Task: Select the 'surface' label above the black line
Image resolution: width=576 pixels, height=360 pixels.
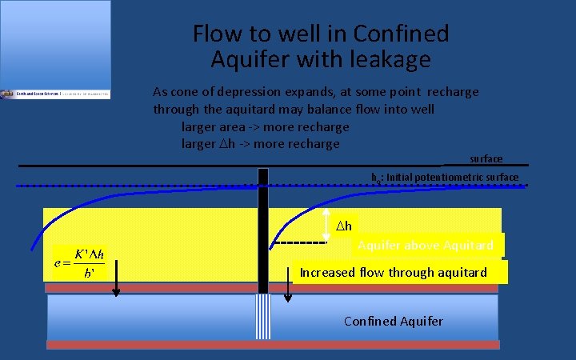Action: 486,159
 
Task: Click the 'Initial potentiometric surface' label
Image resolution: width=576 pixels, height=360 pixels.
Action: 452,177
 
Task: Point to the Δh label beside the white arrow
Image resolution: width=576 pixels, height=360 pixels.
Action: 343,226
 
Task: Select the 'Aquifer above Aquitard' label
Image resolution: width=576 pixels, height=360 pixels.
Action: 426,245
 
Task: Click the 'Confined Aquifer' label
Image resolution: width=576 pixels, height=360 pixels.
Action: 393,321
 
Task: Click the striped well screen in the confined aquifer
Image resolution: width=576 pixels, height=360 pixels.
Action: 262,316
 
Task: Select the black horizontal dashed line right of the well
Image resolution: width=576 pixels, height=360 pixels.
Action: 300,242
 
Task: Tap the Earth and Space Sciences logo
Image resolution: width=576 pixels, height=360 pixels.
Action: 55,94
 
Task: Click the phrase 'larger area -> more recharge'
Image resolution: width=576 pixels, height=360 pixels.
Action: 266,126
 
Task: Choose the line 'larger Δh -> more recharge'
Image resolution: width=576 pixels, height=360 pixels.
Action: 261,144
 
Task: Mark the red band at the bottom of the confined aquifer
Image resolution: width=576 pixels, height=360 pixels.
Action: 272,345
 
